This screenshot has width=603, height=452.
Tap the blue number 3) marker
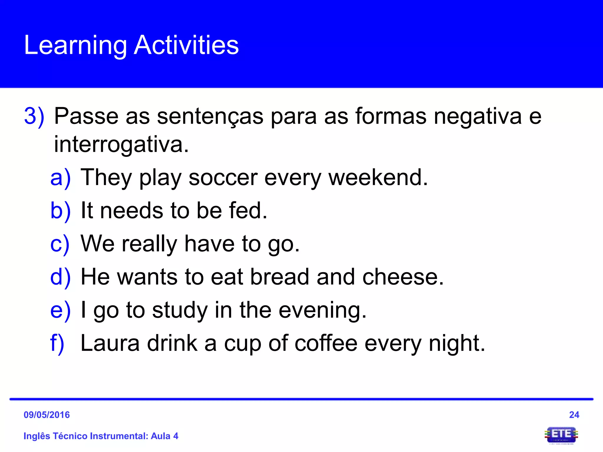tap(34, 117)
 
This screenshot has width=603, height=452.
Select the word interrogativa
tap(121, 144)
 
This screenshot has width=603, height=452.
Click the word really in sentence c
tap(150, 244)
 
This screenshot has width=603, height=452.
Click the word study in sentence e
tap(180, 310)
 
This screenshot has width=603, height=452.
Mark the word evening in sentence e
tap(322, 310)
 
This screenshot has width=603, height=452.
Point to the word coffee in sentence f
tap(326, 343)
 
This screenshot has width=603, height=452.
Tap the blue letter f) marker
tap(57, 343)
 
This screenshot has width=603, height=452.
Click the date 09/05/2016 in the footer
tap(47, 415)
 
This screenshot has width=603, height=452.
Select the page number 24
tap(574, 415)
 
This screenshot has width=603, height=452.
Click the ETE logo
tap(561, 435)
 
